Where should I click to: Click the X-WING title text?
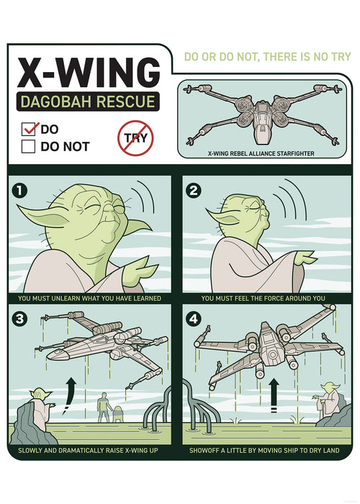[x=89, y=73]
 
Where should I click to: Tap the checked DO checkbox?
[x=30, y=130]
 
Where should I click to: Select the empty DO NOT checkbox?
[x=30, y=147]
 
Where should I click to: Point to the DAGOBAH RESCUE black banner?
[x=89, y=102]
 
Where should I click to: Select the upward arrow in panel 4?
[x=274, y=394]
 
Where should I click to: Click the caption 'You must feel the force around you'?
[x=264, y=297]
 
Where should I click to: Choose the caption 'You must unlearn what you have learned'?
[x=89, y=297]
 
